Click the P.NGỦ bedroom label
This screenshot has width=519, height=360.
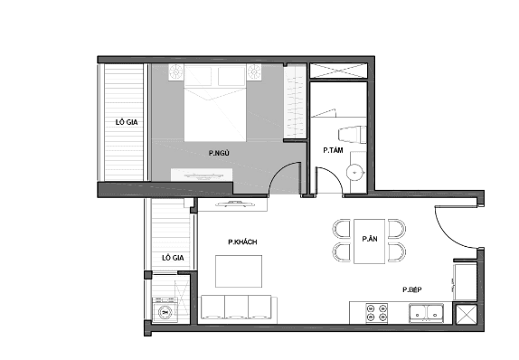218,154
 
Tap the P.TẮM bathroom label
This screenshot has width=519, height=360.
333,150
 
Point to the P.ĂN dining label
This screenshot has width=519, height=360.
369,239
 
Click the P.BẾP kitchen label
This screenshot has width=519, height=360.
412,289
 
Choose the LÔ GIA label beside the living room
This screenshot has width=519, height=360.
173,258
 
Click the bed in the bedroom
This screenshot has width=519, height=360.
215,107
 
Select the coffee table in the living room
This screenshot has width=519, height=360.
239,271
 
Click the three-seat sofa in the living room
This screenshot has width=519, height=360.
238,308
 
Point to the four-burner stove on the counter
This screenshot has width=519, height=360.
377,313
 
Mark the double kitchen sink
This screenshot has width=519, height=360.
425,313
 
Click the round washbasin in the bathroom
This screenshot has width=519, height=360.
357,170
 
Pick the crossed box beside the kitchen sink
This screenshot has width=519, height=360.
468,316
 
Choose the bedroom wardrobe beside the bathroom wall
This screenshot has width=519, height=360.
295,104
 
